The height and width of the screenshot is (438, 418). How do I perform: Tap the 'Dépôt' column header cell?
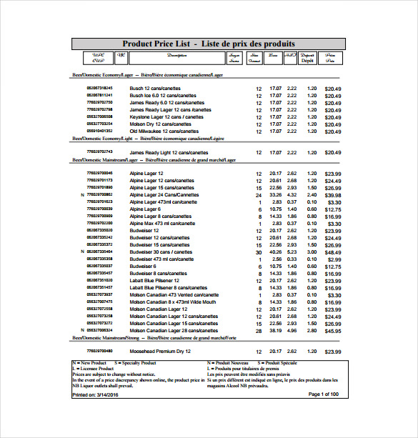click(307, 59)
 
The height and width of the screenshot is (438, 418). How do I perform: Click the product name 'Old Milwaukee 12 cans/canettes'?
click(160, 131)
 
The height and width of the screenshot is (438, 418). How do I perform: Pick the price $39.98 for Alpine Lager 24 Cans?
click(333, 195)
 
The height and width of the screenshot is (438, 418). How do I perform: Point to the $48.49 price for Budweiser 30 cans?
click(333, 252)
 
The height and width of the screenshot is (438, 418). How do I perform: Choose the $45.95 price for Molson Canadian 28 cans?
click(333, 331)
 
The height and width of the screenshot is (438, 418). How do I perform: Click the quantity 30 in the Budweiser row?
click(259, 252)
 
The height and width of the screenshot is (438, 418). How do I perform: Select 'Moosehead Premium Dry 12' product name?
click(160, 352)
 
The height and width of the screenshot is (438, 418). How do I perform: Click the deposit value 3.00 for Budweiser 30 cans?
click(312, 252)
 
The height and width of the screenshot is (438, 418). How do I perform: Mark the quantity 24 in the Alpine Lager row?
click(259, 195)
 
